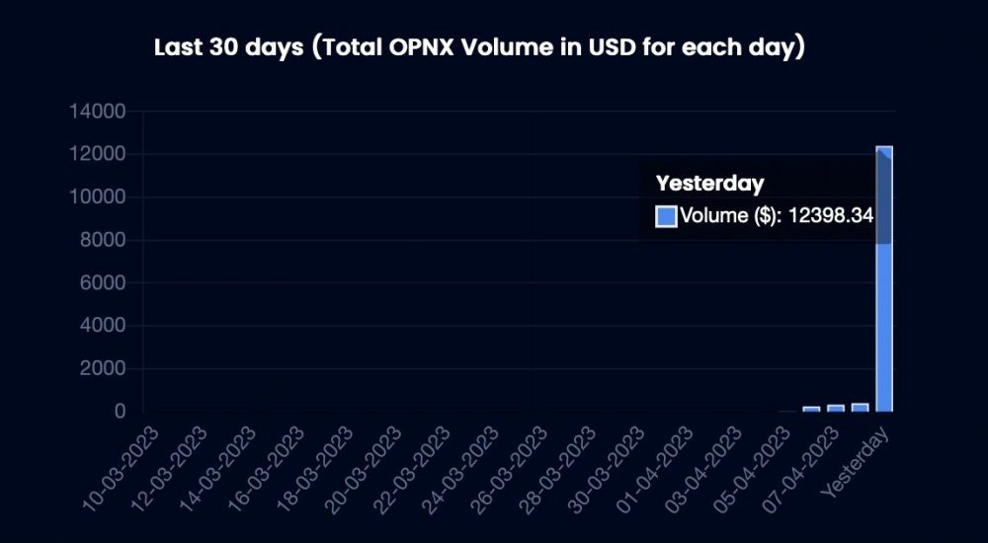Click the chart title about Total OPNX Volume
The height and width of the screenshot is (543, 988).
(x=479, y=47)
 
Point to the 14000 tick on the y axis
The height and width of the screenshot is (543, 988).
(x=97, y=112)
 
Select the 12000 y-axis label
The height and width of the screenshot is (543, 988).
(x=97, y=154)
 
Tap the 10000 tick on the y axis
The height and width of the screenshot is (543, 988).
(x=97, y=197)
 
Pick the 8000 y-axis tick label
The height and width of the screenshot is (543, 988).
(x=103, y=240)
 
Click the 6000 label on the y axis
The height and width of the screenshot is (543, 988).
(x=103, y=282)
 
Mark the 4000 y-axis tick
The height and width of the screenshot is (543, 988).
(x=103, y=326)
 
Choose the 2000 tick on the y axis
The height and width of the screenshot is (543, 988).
(x=103, y=368)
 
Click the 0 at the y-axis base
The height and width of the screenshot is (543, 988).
(x=121, y=412)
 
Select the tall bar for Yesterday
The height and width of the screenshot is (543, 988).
(x=884, y=278)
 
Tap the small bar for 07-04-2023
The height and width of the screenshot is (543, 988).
(x=836, y=408)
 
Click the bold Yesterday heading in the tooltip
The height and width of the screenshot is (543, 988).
(x=709, y=184)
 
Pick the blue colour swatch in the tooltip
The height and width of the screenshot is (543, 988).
(x=666, y=216)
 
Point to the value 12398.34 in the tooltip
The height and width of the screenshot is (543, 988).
(x=831, y=215)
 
